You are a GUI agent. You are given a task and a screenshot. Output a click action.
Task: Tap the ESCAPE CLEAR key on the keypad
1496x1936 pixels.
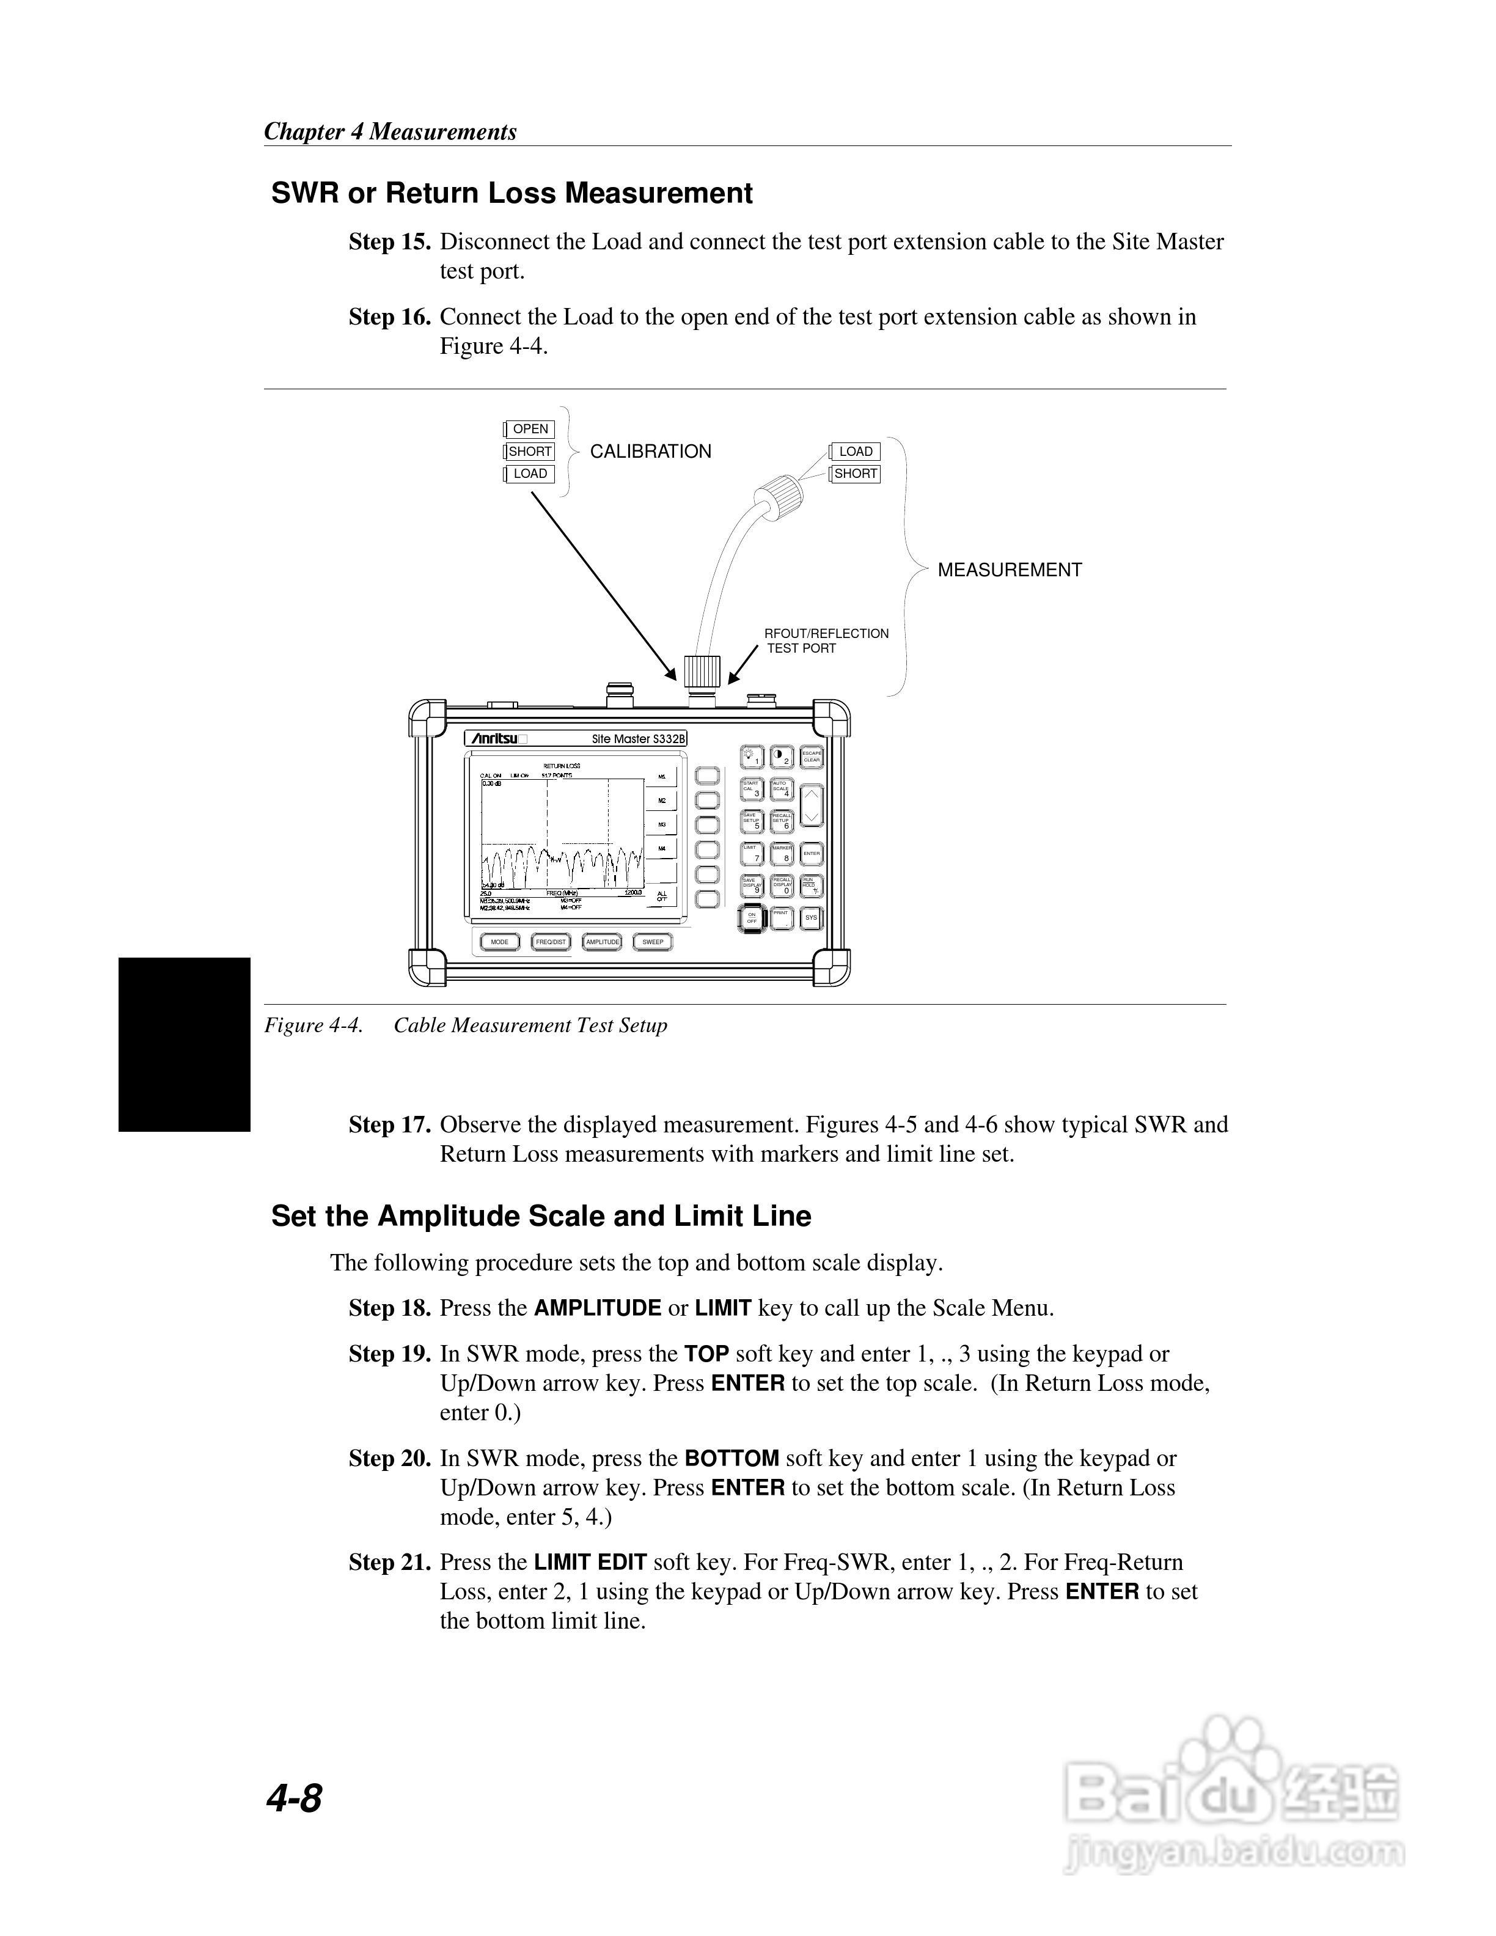pos(811,756)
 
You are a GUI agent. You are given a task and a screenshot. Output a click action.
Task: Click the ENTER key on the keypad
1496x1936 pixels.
pos(811,854)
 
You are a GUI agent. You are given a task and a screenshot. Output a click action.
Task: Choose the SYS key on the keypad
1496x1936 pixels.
pos(811,917)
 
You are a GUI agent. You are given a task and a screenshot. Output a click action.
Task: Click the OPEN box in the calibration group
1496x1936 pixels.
pos(530,429)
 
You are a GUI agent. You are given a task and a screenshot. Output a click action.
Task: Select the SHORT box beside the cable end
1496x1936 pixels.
pos(855,474)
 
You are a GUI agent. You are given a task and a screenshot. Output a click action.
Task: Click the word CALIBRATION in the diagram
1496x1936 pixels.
pos(650,451)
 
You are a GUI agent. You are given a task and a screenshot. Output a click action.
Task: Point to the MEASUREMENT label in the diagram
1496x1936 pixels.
pos(1010,570)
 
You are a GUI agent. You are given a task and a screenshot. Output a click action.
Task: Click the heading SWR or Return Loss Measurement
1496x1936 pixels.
pos(512,193)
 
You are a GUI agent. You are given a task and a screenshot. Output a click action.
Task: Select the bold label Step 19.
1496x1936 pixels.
pos(389,1354)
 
